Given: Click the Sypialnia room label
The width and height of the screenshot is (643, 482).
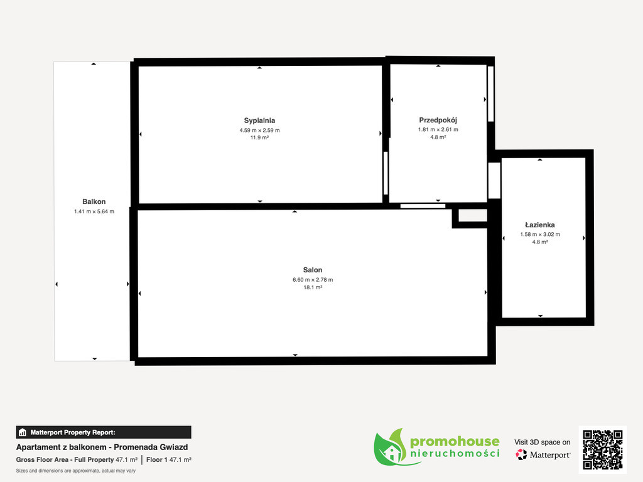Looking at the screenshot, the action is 259,120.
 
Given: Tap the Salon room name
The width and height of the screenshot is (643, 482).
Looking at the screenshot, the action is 313,270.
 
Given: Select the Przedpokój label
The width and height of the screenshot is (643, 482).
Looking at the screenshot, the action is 438,120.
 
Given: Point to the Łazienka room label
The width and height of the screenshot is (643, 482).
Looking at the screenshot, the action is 539,225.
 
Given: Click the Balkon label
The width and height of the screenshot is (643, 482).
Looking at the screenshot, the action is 94,201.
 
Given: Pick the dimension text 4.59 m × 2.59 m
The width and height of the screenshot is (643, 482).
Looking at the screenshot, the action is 259,131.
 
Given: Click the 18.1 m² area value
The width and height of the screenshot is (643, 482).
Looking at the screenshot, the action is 313,287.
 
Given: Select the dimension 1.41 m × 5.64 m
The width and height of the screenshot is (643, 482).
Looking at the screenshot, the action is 94,212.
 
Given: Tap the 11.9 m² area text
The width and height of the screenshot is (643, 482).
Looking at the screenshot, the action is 259,137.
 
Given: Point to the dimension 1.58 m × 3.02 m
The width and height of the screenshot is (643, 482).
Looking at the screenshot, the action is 540,235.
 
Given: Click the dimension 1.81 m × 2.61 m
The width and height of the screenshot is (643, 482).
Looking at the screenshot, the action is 438,129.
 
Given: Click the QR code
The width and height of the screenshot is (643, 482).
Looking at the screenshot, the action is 603,449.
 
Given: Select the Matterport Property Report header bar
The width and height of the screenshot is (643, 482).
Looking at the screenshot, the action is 104,432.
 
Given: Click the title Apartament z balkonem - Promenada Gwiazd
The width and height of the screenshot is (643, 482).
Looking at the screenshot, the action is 102,447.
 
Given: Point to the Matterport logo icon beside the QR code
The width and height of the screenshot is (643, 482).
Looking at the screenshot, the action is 521,454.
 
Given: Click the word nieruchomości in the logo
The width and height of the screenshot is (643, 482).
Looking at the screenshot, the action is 455,453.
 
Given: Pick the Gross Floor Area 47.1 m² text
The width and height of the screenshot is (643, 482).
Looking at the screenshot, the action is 77,460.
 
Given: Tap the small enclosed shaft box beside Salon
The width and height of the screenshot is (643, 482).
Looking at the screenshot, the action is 472,216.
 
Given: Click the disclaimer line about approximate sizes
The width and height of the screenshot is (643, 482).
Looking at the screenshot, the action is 76,471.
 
